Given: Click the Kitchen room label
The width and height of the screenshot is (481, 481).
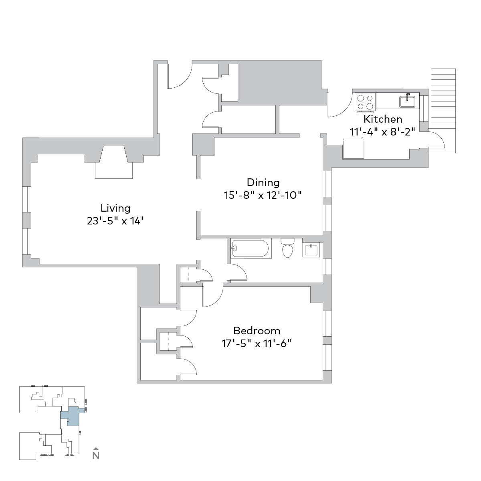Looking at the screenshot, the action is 383,119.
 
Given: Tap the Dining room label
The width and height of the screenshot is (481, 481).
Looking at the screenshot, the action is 263,183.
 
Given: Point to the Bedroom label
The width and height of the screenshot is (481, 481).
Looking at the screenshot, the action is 257,331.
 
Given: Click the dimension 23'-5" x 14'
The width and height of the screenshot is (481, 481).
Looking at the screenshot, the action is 115,221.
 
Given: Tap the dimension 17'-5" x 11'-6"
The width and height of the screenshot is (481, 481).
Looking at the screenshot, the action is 257,344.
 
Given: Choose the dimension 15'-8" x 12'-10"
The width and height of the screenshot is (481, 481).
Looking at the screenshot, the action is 263,195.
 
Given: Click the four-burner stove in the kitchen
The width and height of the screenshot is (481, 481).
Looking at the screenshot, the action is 365,102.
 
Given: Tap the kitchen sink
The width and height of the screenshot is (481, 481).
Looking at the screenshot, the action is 407,101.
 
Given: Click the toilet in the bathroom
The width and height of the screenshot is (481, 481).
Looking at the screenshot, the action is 287,248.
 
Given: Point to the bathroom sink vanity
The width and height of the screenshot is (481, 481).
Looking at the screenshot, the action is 311,250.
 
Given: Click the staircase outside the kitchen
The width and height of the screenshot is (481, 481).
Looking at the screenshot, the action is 443,111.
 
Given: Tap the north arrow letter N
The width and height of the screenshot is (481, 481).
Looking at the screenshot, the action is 96,463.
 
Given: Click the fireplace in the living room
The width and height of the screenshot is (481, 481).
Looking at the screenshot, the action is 114,162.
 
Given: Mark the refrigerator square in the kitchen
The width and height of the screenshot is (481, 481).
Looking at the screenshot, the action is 354,149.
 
